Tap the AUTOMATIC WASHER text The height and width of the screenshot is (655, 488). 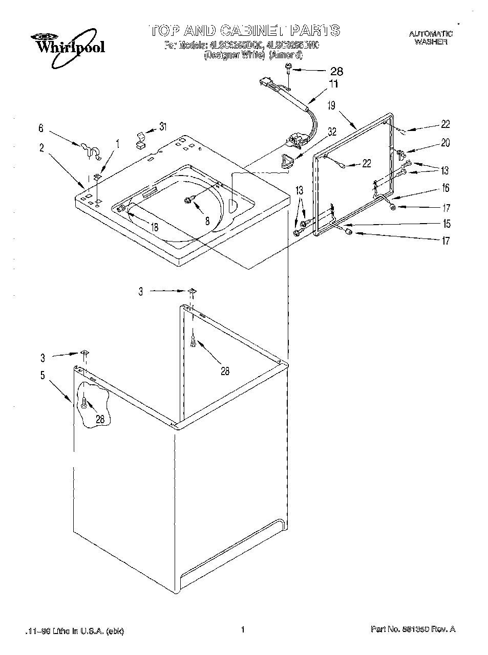pos(431,38)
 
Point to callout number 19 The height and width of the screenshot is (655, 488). pos(331,106)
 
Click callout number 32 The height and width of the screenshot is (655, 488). pos(332,131)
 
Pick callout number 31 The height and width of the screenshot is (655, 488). pos(162,126)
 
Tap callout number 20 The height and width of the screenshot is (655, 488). pos(445,143)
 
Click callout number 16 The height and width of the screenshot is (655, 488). pos(445,188)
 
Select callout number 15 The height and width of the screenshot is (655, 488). pos(447,224)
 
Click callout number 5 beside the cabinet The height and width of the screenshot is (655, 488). pos(43,376)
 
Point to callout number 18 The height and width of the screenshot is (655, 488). pos(155,227)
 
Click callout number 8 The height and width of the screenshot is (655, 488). pos(207,222)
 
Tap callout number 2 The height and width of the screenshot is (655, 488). pos(41,148)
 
